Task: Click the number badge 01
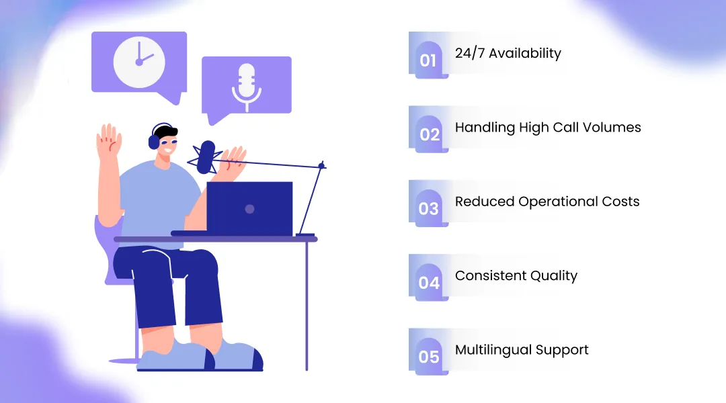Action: [x=428, y=60]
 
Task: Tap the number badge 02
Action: [x=429, y=134]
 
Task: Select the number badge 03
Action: [x=429, y=208]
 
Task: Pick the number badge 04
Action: [x=429, y=283]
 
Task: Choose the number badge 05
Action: [x=429, y=357]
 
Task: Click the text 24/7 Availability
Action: [x=508, y=53]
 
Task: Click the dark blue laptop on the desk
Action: [x=249, y=208]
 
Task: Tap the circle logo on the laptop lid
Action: [x=249, y=209]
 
